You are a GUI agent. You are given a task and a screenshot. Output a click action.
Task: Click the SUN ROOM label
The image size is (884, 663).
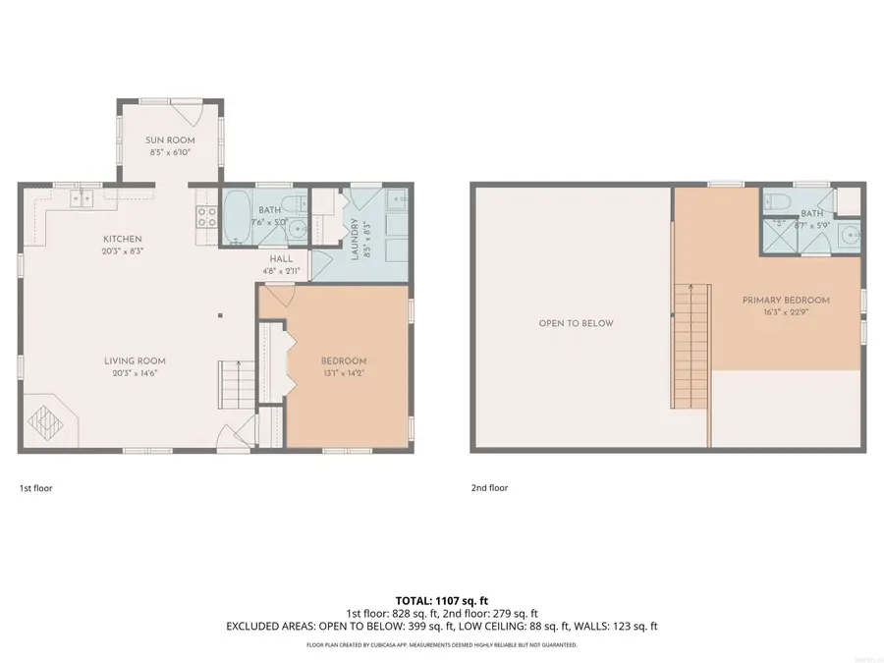[167, 140]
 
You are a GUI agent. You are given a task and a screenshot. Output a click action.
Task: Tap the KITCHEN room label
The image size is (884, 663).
[124, 239]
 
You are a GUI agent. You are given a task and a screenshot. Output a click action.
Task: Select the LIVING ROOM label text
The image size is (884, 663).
[132, 360]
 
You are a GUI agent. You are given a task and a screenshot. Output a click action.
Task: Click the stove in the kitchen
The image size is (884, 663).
[206, 215]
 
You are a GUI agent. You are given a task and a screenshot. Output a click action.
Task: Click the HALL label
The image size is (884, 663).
[282, 259]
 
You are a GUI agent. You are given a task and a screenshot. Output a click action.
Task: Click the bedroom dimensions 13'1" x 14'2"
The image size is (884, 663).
[344, 373]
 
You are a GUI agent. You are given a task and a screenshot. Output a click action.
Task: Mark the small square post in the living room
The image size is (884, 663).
[221, 315]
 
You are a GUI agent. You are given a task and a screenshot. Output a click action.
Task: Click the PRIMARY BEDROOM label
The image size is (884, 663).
[786, 301]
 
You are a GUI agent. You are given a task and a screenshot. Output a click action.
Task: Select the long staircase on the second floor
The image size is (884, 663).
[690, 344]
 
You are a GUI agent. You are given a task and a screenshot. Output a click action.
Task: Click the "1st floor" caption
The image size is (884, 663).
[35, 487]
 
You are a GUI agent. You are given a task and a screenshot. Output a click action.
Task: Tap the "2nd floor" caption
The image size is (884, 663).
[489, 487]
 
